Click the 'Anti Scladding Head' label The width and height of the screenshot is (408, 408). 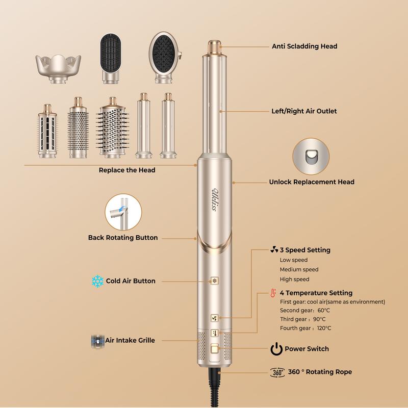tap(304, 46)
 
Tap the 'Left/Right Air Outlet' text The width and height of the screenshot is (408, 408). tap(304, 111)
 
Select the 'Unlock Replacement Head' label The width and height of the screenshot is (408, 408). tap(311, 182)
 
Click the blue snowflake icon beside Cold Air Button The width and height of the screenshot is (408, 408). tap(97, 281)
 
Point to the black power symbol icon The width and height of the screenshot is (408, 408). tap(276, 349)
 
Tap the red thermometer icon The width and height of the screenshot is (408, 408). tap(273, 293)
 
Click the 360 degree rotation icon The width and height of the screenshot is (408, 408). tap(277, 372)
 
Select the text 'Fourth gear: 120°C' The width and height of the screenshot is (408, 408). tap(305, 328)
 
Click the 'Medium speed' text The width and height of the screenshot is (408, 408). tap(299, 269)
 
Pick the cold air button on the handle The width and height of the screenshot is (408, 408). tap(215, 280)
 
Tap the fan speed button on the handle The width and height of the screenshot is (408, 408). tap(215, 318)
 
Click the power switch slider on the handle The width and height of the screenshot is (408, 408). tap(214, 349)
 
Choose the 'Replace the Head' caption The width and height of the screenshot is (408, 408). tap(127, 170)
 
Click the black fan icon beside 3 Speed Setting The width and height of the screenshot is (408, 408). tap(274, 250)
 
